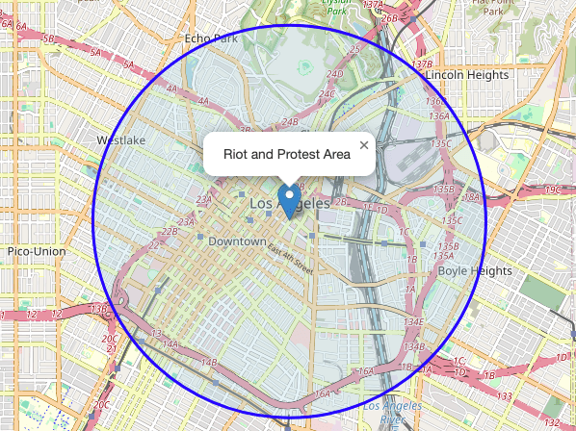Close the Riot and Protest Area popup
tap(363, 145)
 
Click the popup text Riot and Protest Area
tap(286, 154)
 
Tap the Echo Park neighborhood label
tap(210, 39)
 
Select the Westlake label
tap(121, 140)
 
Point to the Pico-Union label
tap(36, 251)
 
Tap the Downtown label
tap(237, 241)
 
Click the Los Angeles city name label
tap(289, 205)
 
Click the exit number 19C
tap(552, 190)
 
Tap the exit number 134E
tap(413, 322)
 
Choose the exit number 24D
tap(335, 74)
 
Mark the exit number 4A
tap(173, 89)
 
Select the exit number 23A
tap(203, 200)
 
